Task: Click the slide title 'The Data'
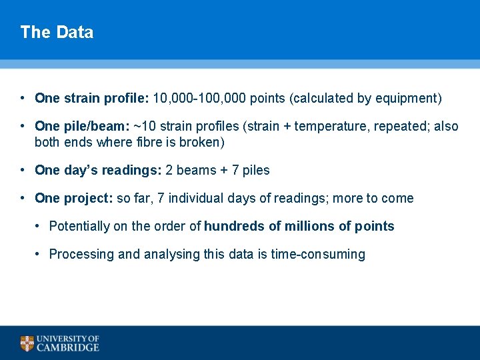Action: tap(57, 32)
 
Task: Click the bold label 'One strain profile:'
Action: tap(92, 99)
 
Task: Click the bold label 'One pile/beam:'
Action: tap(82, 127)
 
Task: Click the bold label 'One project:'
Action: tap(73, 199)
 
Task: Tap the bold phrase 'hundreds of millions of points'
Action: tap(299, 227)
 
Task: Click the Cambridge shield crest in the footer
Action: tap(27, 343)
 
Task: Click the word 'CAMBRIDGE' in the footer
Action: tap(68, 347)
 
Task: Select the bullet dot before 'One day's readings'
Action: tap(23, 170)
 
